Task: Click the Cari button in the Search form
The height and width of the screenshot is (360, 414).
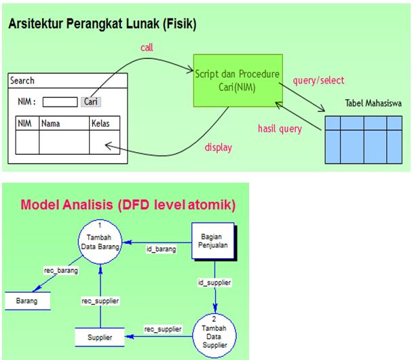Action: (x=91, y=102)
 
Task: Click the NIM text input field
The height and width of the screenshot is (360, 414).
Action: (x=60, y=102)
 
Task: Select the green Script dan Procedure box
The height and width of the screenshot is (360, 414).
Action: (x=236, y=79)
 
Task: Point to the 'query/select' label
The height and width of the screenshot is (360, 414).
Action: (x=318, y=80)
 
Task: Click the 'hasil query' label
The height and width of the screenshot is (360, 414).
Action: (x=280, y=128)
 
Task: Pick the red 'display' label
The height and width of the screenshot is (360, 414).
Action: (x=218, y=147)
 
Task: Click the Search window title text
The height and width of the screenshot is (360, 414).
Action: (x=22, y=81)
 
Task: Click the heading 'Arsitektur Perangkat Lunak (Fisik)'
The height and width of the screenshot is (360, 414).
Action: (x=102, y=25)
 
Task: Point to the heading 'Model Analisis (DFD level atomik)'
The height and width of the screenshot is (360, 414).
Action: (x=128, y=204)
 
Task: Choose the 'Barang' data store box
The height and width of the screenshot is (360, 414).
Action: (x=28, y=300)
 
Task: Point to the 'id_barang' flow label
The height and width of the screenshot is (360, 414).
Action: (x=162, y=249)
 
